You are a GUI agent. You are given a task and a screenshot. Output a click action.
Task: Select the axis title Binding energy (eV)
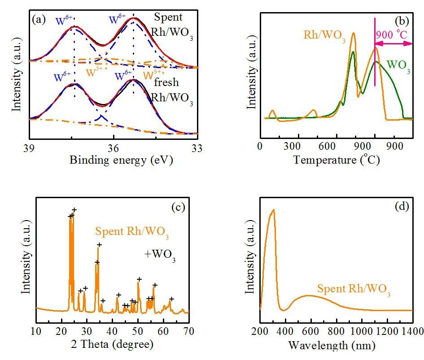click(x=121, y=160)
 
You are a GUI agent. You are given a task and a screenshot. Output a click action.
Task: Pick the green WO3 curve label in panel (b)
click(x=398, y=65)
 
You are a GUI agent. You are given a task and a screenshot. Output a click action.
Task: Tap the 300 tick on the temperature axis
click(x=293, y=147)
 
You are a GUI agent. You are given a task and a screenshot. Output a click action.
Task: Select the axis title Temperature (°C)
click(x=337, y=160)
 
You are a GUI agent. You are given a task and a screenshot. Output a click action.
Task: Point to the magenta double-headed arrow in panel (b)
click(x=393, y=43)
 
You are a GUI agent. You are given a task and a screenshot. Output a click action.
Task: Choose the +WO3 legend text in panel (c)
click(x=160, y=255)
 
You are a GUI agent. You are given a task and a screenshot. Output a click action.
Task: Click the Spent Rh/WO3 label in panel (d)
click(x=354, y=290)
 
